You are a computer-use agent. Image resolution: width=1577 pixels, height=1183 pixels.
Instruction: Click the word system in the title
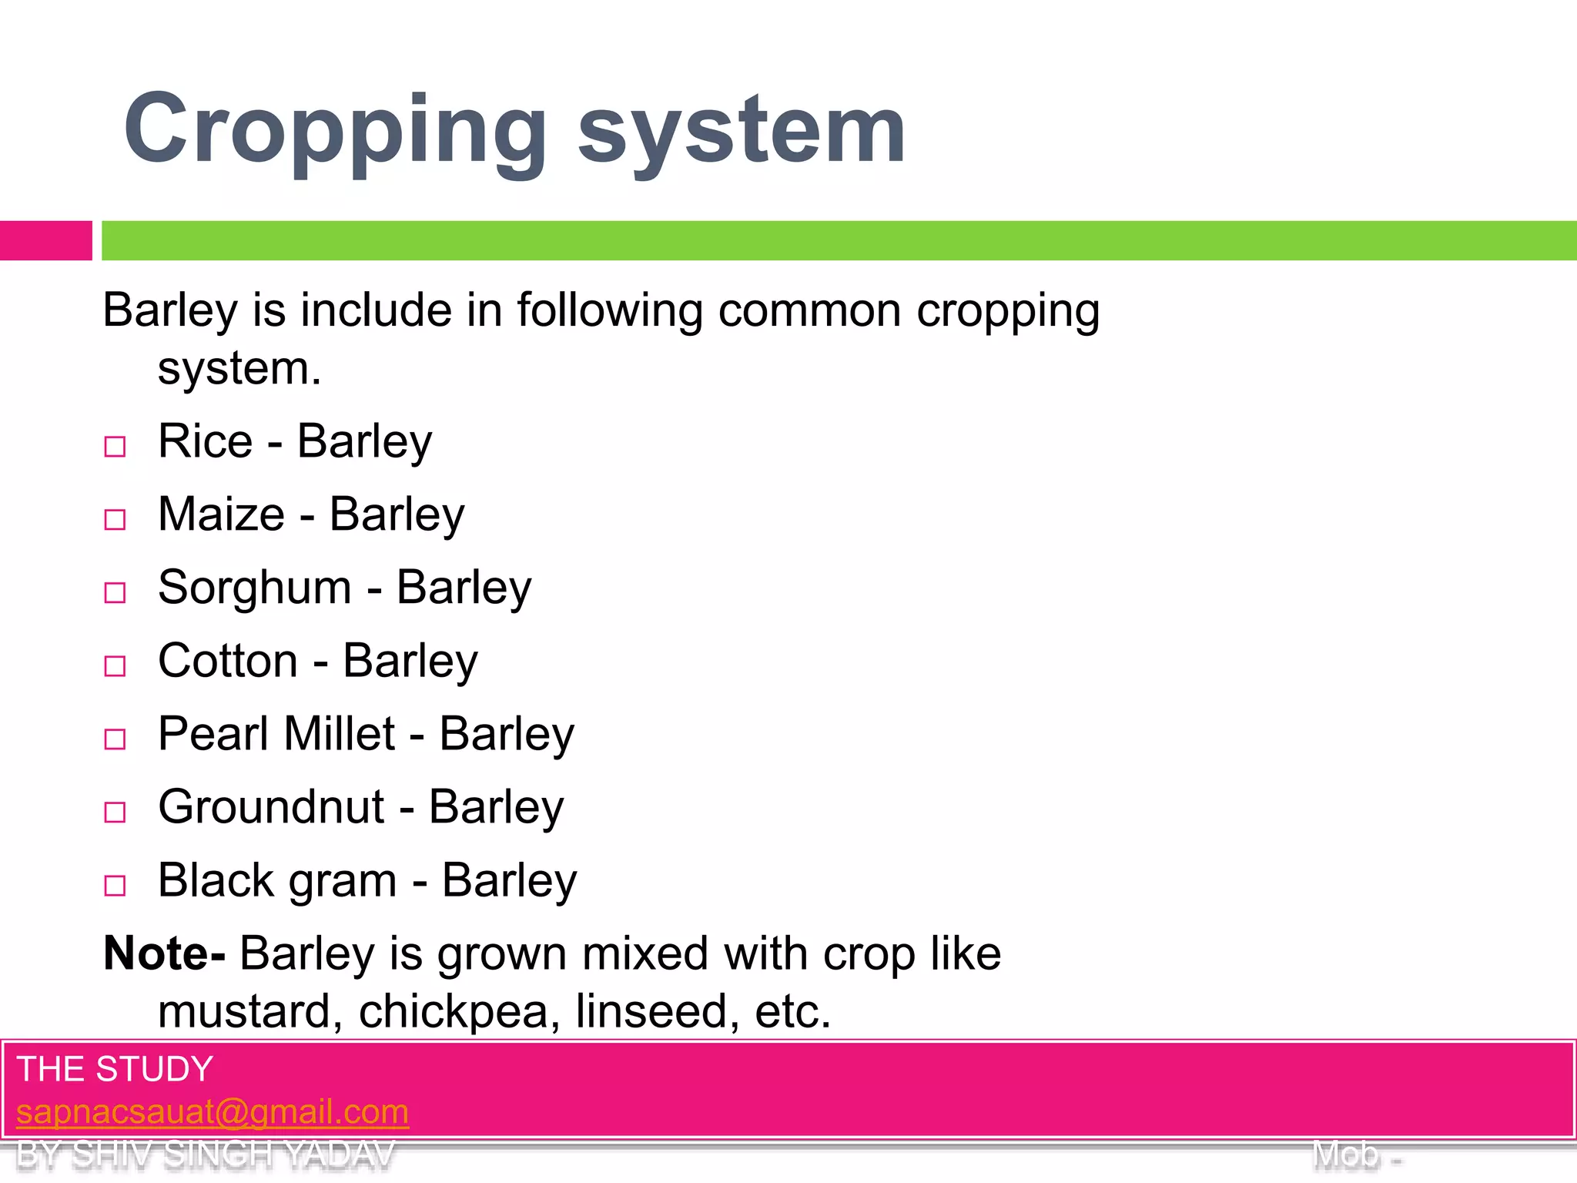point(741,131)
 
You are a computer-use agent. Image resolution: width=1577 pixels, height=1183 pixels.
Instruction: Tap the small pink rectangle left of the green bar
point(45,240)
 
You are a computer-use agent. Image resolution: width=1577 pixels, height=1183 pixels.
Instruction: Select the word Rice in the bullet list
point(205,441)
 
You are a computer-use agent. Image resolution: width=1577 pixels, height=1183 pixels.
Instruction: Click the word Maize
point(221,514)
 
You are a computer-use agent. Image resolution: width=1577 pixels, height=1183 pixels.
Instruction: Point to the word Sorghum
point(255,588)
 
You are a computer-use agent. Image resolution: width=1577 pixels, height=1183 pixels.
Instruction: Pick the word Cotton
point(228,661)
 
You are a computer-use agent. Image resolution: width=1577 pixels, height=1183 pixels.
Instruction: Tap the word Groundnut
point(271,807)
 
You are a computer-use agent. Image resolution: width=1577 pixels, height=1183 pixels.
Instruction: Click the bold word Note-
point(164,953)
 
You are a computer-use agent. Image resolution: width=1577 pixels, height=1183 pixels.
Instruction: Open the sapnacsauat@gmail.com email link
point(213,1111)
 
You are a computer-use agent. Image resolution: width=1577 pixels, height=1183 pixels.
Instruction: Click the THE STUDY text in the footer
point(115,1069)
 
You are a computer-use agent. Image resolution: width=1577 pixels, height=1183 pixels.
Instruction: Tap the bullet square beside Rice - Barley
point(115,447)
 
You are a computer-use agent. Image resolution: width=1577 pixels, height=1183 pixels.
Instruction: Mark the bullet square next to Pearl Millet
point(115,739)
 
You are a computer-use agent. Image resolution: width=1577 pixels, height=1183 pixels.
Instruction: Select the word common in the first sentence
point(809,310)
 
